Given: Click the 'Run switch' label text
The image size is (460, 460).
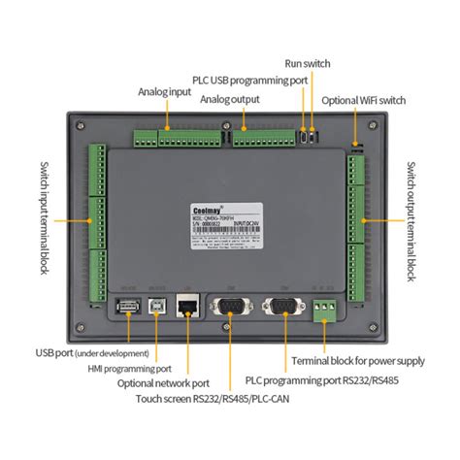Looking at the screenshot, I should pos(308,63).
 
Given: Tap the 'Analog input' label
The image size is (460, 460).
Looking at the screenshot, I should pos(165,94).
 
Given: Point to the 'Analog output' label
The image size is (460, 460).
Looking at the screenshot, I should pos(229,99).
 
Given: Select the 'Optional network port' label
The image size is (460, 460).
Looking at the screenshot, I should pos(165,383).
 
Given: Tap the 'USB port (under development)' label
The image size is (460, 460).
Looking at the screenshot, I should pos(92,353).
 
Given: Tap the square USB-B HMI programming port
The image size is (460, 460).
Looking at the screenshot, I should pos(156,307).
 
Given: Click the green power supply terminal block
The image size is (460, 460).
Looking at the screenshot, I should pos(325,309).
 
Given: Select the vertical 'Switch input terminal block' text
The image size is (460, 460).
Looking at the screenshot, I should pos(45,218).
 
